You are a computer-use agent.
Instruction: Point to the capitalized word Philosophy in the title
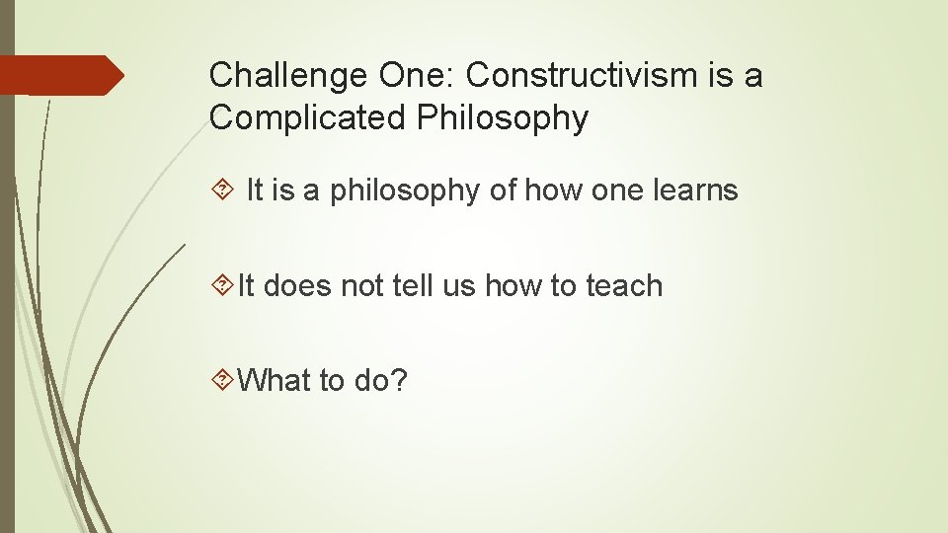(503, 118)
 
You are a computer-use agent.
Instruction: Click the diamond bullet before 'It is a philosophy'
(221, 190)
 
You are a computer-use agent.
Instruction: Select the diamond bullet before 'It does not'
(221, 286)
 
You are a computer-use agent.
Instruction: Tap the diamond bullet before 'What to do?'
(221, 381)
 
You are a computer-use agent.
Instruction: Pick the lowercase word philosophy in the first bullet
(404, 190)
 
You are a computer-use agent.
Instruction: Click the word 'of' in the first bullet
(503, 190)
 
